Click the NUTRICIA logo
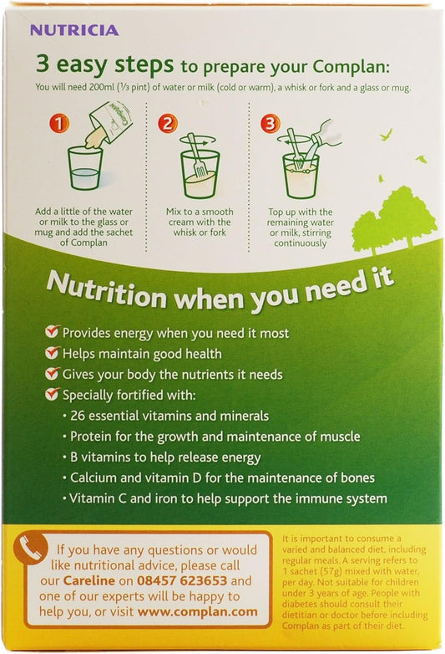coord(74,30)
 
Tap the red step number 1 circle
coord(59,124)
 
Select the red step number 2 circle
coord(167,124)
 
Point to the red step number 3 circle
coord(271,124)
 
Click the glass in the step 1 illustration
coord(84,167)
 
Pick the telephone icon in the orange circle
coord(31,547)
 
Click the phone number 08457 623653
coord(182,580)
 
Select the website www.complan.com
coord(197,612)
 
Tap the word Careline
coord(88,580)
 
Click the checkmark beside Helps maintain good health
coord(53,352)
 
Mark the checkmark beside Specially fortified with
coord(53,393)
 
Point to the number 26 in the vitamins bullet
coord(78,416)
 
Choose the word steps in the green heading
coord(144,64)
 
